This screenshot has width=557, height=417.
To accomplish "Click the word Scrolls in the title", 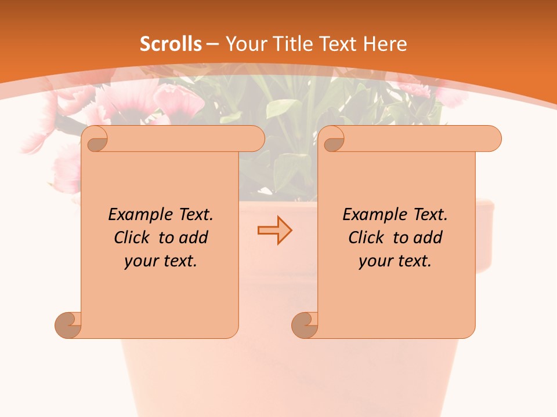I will (171, 44).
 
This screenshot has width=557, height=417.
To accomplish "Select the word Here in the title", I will (385, 44).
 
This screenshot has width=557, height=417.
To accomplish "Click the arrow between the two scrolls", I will (274, 231).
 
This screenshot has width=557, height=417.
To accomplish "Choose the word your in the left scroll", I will (140, 261).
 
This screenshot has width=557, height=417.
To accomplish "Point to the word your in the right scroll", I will (374, 261).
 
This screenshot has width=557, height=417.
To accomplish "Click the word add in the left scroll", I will (193, 238).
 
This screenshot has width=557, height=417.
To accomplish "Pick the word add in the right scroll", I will (428, 238).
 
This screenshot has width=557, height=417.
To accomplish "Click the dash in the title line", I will (213, 44).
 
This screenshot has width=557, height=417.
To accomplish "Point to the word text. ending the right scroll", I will (413, 261).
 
